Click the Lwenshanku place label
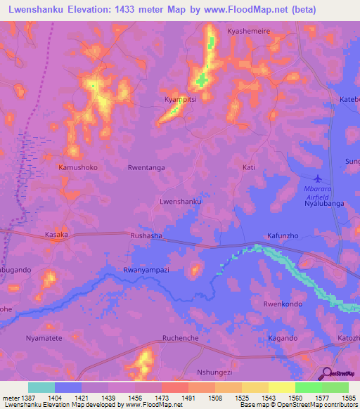[x=181, y=201]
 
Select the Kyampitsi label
[x=180, y=100]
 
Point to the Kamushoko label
[x=78, y=168]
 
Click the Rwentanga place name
[x=146, y=168]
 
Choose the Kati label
[x=248, y=167]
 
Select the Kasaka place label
[x=57, y=235]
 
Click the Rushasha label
[x=146, y=236]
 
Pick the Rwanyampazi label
[x=146, y=269]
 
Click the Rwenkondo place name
[x=283, y=304]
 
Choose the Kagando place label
[x=283, y=338]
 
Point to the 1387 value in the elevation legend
[x=27, y=398]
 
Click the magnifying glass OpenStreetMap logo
[x=327, y=374]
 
